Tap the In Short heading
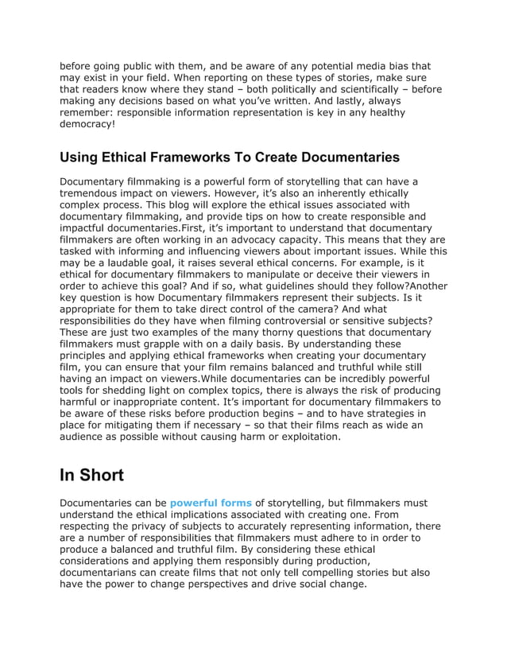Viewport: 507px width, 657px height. point(92,475)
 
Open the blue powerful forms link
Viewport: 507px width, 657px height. point(211,503)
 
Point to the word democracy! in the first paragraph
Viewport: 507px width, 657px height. point(87,124)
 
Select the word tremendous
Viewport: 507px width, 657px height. point(94,193)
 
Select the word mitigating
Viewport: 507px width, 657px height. point(130,425)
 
